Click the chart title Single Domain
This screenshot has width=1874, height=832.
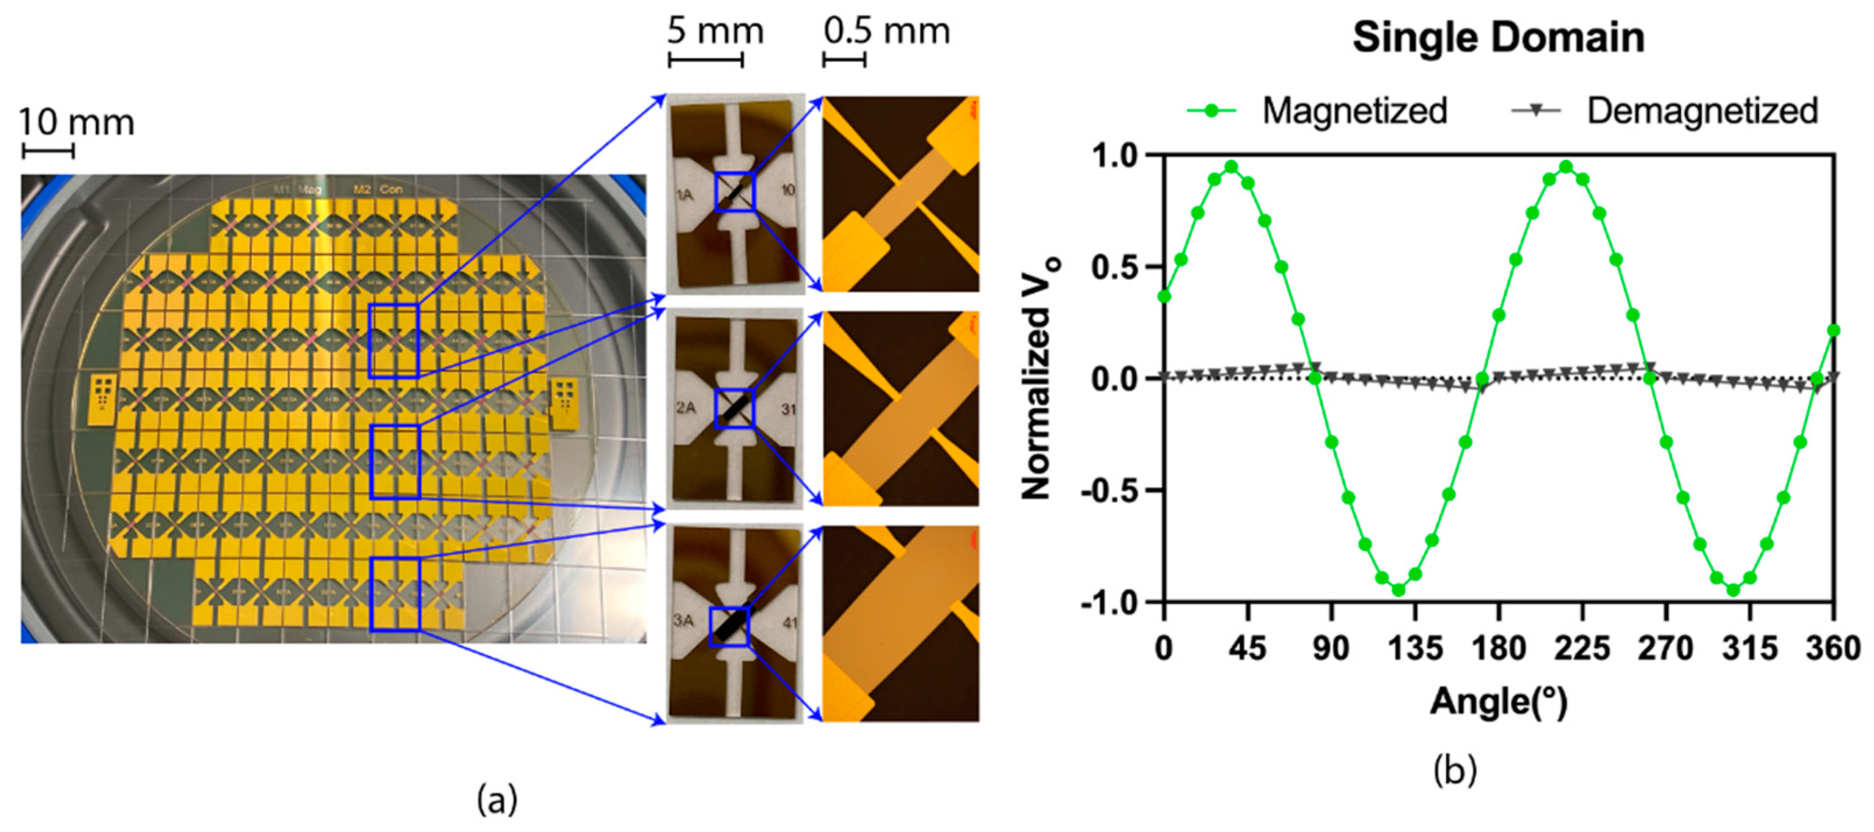[1498, 38]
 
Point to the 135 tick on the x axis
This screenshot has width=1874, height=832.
[1415, 647]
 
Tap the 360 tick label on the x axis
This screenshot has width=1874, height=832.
[1833, 647]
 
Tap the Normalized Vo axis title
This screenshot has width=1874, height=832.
[1039, 378]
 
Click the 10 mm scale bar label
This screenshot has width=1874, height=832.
[76, 122]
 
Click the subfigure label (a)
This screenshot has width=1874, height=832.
[498, 800]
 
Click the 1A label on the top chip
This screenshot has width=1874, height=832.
[684, 195]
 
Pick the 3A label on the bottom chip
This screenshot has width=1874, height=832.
[683, 620]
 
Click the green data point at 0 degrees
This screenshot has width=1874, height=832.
[1165, 296]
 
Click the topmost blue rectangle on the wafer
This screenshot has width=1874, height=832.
[393, 341]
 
